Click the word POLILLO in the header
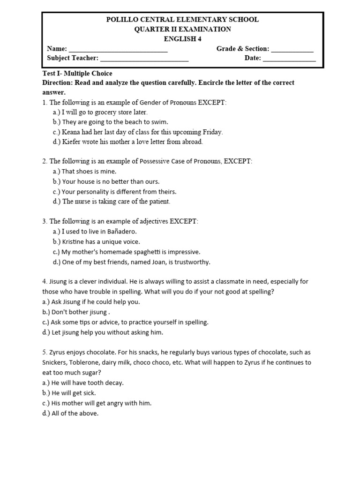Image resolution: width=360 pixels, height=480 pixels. (x=122, y=20)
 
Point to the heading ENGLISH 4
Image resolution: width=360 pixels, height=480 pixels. (x=182, y=39)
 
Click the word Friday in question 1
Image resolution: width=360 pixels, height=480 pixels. (x=210, y=132)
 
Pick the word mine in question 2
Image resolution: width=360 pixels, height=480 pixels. (x=108, y=172)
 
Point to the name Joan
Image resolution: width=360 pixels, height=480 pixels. (x=159, y=262)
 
